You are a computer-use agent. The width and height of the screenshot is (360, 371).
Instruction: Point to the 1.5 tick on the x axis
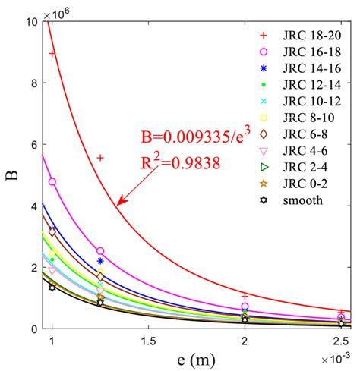click(148, 341)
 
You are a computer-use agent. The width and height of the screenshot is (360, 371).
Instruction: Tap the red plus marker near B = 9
click(52, 53)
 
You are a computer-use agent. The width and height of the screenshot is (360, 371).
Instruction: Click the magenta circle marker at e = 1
click(52, 182)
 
